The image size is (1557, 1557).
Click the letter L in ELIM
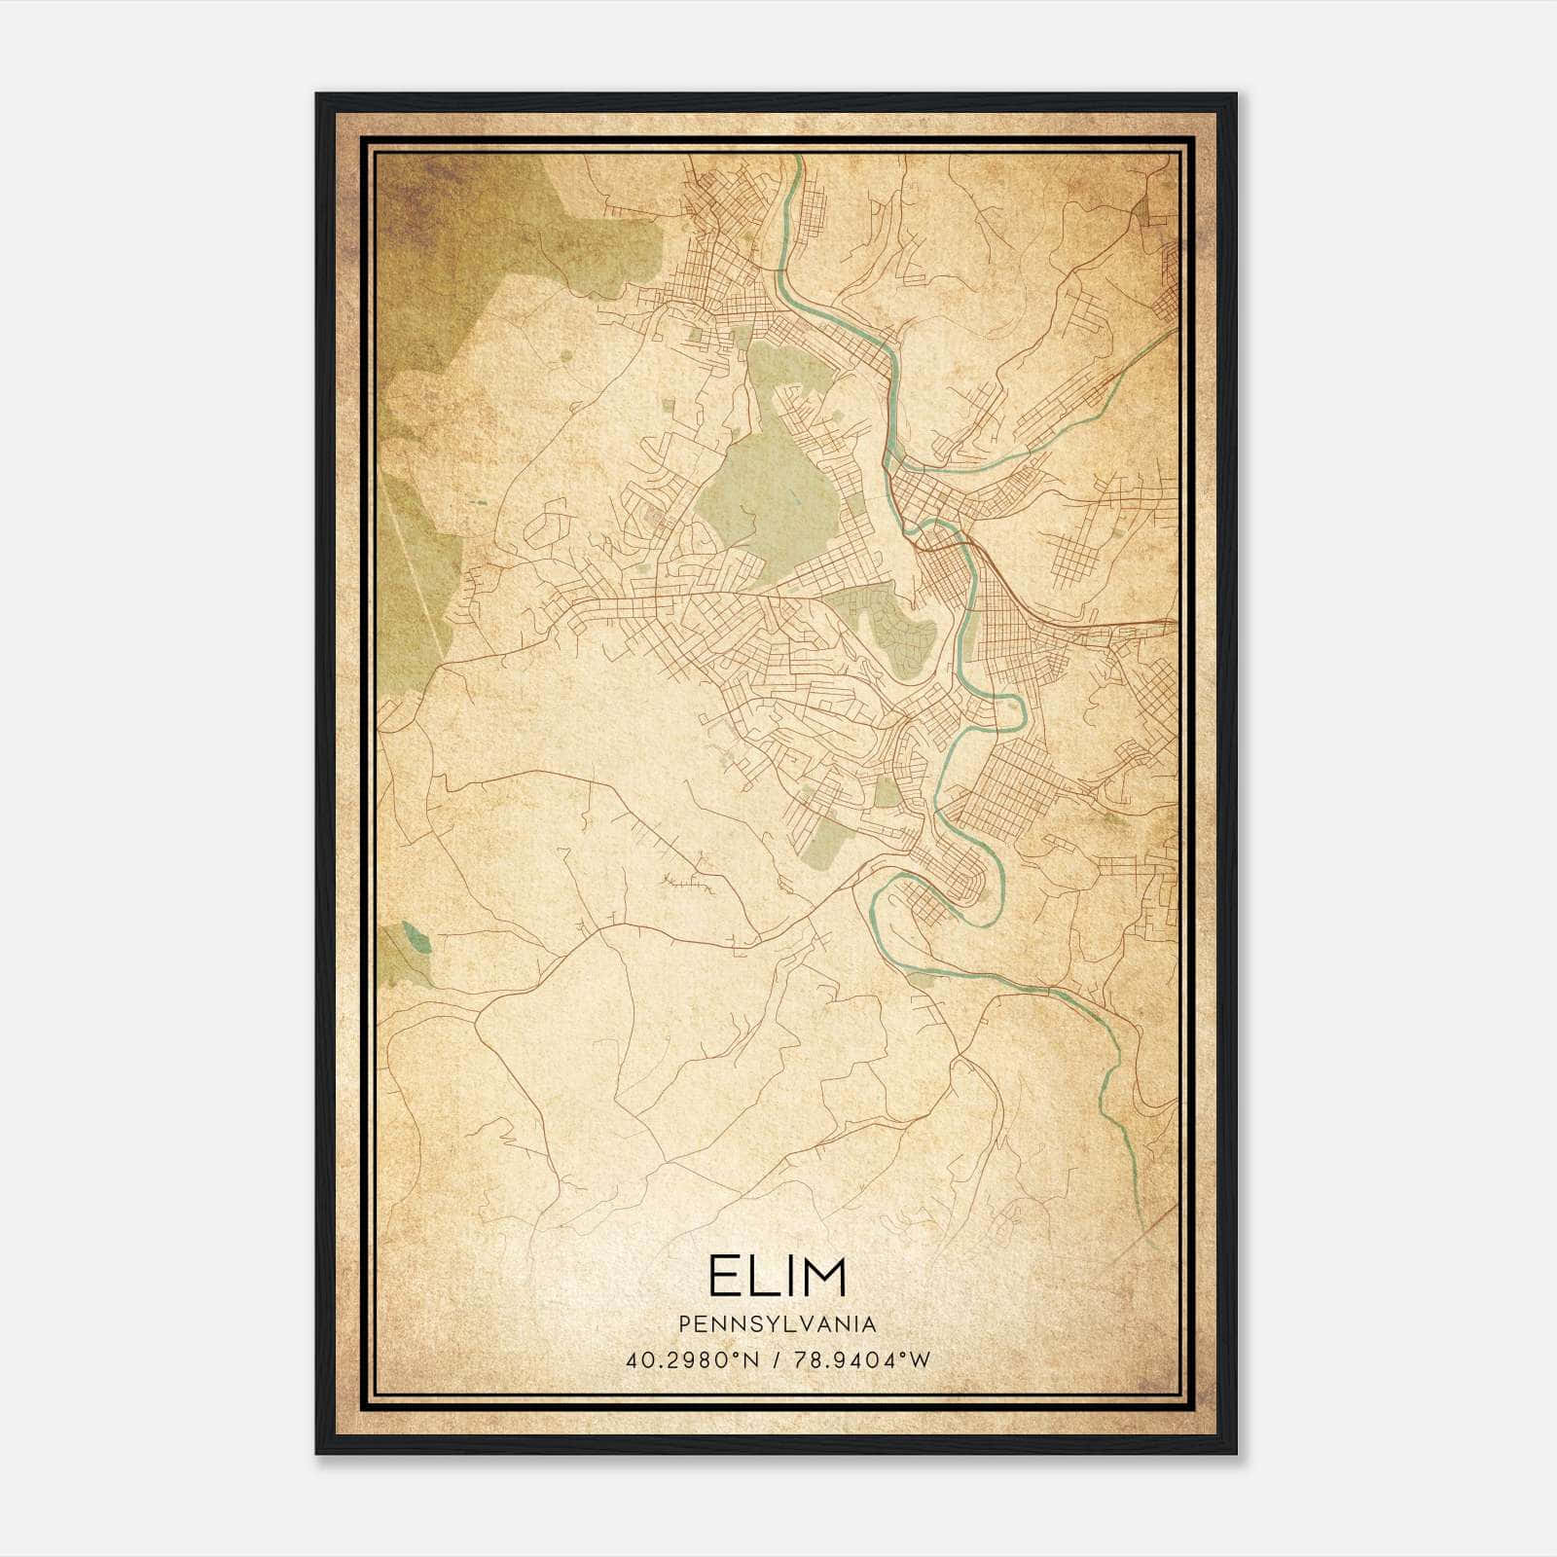[x=762, y=1277]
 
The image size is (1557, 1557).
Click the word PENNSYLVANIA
[x=778, y=1324]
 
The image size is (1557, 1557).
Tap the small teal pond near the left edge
[x=418, y=940]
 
